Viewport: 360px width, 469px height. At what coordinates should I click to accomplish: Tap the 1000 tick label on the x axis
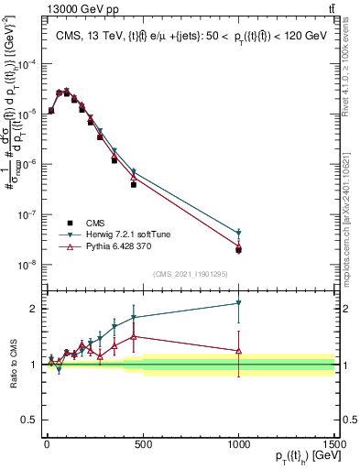(x=238, y=444)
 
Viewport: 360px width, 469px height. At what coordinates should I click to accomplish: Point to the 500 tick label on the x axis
(x=143, y=444)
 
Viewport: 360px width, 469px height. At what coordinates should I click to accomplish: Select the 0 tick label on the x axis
(x=47, y=444)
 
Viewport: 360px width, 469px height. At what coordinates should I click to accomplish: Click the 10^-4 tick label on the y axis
(x=25, y=64)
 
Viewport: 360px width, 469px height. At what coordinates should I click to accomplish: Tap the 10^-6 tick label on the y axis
(x=25, y=165)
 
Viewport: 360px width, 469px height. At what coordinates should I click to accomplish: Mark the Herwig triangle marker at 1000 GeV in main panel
(x=238, y=233)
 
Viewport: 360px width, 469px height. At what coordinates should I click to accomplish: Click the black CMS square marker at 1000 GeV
(x=238, y=249)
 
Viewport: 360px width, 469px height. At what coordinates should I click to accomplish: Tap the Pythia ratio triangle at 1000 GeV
(x=238, y=350)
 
